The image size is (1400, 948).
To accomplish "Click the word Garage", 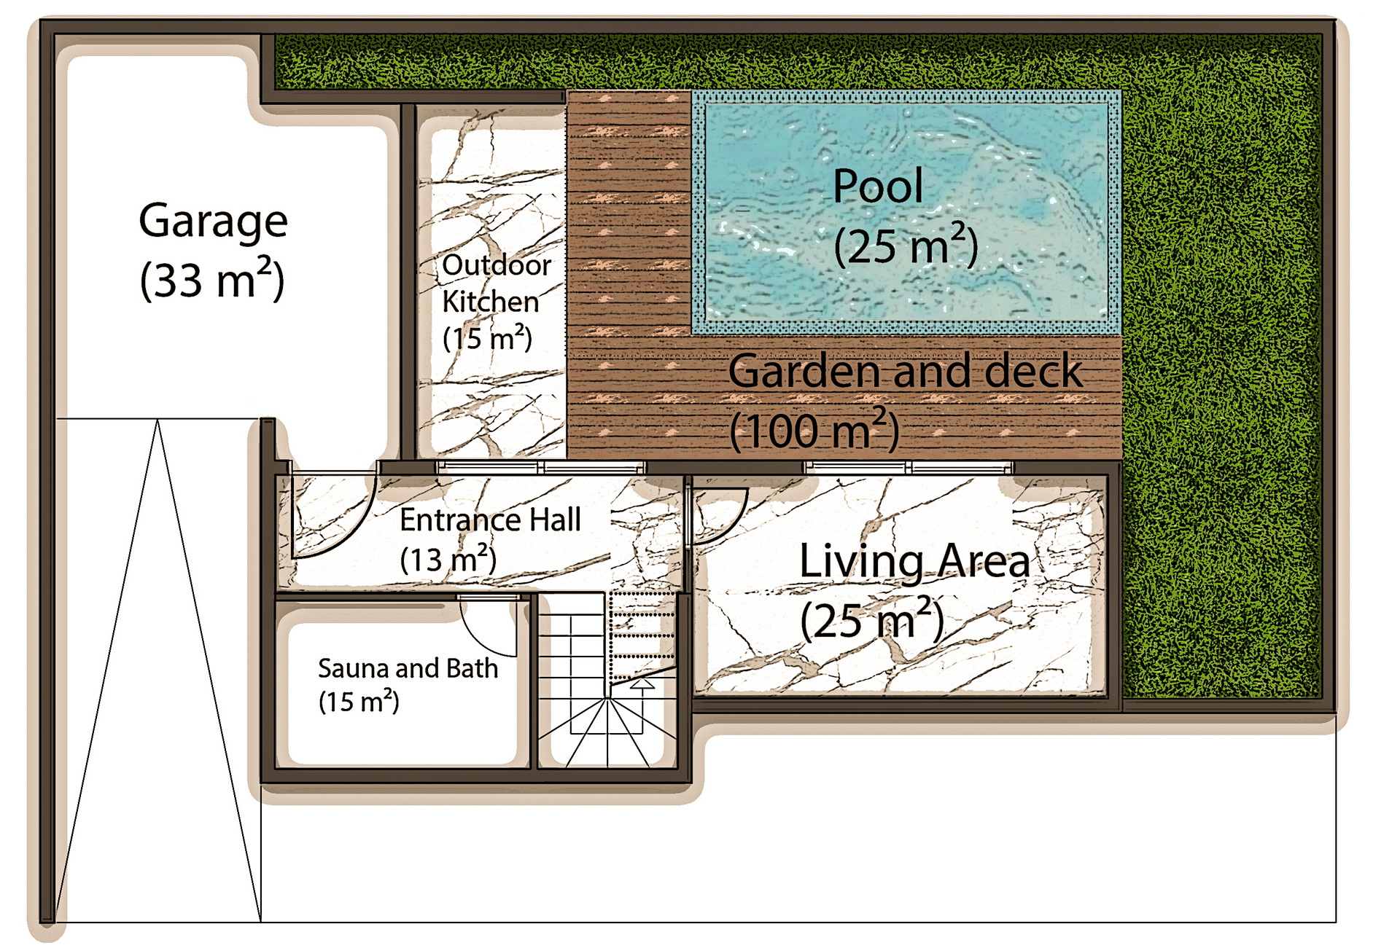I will [213, 222].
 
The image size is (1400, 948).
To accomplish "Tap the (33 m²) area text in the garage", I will [211, 278].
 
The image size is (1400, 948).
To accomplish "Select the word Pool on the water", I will [877, 187].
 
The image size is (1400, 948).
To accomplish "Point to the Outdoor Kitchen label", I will [496, 283].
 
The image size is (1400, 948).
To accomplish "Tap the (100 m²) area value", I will [814, 430].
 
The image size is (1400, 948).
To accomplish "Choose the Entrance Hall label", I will [490, 520].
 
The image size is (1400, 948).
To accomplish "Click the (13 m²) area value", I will [448, 560].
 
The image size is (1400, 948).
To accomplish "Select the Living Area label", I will [914, 561].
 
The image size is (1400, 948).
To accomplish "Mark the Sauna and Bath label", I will [408, 668].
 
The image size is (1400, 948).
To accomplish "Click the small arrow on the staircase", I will [642, 685].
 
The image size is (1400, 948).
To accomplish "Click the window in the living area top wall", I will [909, 468].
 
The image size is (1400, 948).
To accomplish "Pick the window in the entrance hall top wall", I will [540, 468].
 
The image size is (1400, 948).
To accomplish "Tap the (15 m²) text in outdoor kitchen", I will [487, 338].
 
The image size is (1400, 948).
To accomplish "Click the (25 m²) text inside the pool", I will [904, 246].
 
